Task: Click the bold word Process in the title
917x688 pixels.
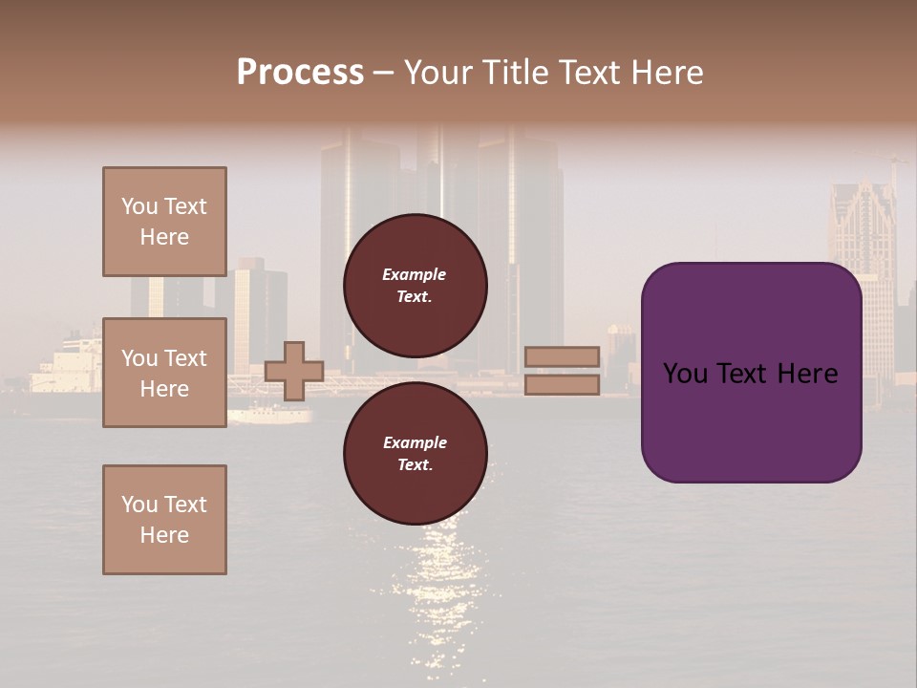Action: (300, 73)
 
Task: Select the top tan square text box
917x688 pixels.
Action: (164, 222)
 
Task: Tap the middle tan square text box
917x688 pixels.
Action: (164, 373)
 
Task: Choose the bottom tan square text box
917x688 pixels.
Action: (164, 520)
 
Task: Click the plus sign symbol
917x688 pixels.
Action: (294, 371)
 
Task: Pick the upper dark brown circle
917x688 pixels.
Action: (415, 285)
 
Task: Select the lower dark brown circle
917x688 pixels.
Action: (415, 453)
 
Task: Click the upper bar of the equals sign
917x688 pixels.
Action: (562, 357)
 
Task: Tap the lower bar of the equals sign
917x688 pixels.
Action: (562, 384)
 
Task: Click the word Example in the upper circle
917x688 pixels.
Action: (414, 274)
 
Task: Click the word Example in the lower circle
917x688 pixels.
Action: (415, 442)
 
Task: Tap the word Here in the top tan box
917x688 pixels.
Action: (164, 237)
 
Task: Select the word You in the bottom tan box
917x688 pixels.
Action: (139, 505)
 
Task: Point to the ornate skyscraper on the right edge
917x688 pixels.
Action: (862, 229)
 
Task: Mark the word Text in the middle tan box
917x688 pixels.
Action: (184, 358)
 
